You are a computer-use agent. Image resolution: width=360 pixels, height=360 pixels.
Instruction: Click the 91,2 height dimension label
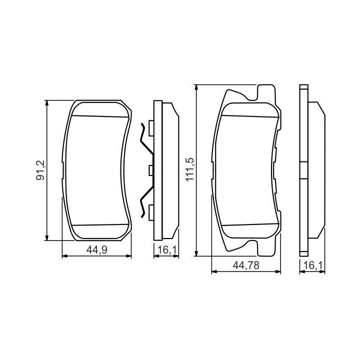[x=40, y=170]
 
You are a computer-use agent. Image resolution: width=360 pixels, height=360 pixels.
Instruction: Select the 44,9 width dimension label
[x=97, y=250]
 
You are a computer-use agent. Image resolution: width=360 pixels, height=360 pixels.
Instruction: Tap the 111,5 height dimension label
[x=190, y=169]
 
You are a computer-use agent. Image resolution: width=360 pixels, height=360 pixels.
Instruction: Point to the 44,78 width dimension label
[x=246, y=265]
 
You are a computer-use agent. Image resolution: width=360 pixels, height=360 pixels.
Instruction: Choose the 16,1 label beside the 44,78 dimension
[x=313, y=265]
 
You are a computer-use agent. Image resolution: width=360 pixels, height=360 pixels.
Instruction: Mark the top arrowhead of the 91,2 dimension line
[x=47, y=103]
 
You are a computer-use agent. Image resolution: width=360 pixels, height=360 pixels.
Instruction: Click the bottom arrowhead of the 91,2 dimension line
[x=47, y=238]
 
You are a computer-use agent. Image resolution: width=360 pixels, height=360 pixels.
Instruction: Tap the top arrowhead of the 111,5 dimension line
[x=196, y=87]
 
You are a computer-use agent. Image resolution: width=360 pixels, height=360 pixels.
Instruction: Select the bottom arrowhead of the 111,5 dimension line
[x=196, y=253]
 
